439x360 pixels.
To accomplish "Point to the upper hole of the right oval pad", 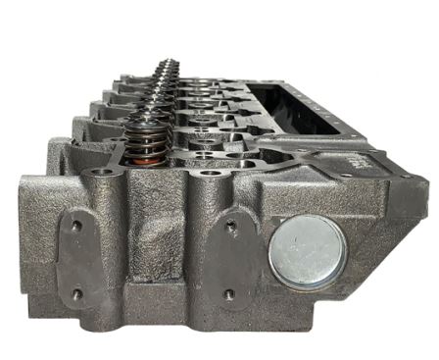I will point(230,228).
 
